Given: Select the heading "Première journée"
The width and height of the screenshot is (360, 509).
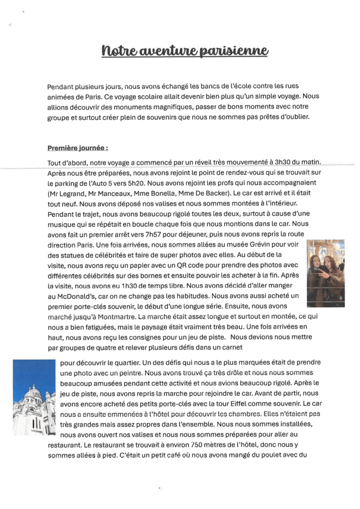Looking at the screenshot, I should pyautogui.click(x=78, y=148).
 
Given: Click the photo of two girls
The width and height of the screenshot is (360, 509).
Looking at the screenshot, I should pyautogui.click(x=326, y=273).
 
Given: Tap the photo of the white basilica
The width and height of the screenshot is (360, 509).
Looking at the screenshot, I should pyautogui.click(x=34, y=398).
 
